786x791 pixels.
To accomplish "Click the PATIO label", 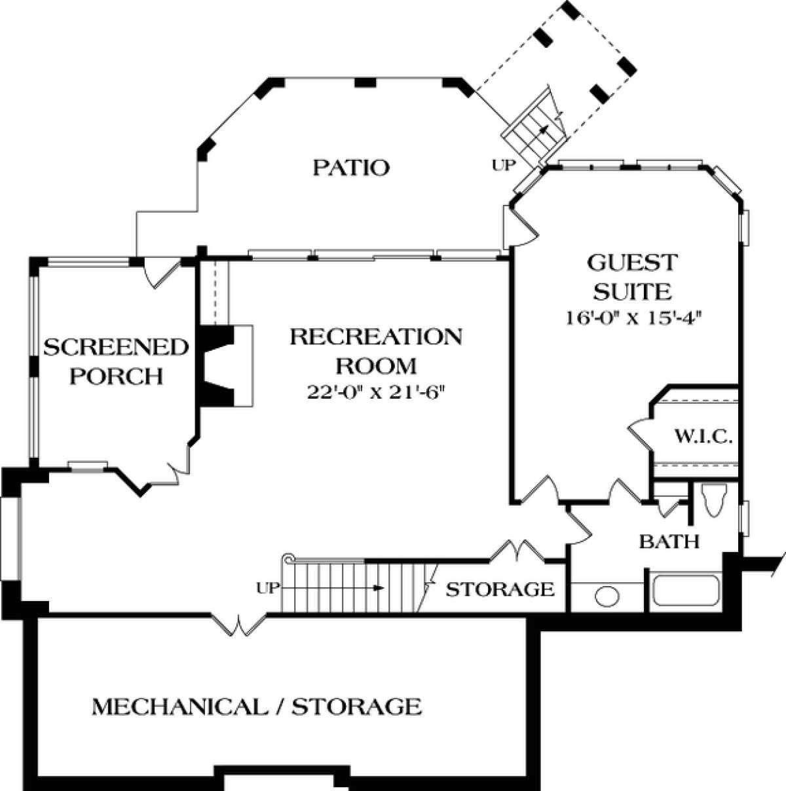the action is coord(351,168).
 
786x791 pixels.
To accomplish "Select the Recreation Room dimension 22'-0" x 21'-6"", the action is coord(376,393).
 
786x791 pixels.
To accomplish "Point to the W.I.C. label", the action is coord(703,437).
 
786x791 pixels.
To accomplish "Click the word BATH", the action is coord(669,542).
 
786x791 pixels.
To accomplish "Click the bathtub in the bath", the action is coord(686,591).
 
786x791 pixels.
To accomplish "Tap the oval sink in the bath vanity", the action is coord(607,597).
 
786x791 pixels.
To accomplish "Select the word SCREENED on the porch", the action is coord(116,348).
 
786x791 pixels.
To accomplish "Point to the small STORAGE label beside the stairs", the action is coord(500,589).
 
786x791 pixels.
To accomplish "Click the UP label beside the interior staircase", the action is coord(268,588).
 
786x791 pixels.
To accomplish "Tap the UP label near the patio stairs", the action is coord(503,165).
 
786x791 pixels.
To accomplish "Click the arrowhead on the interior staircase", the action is coord(379,588).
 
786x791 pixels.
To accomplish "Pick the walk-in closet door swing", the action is coord(639,435).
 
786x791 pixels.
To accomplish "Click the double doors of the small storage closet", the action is coord(517,551).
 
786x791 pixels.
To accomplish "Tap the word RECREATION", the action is coord(376,337).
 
